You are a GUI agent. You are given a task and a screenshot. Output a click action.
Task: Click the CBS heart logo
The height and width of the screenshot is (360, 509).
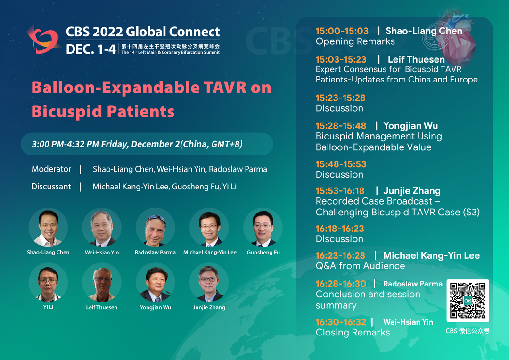[x=43, y=40]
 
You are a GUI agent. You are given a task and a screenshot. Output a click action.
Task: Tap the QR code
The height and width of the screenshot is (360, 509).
[x=468, y=301]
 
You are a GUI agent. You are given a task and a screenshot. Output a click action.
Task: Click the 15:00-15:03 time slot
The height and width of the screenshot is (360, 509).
[x=342, y=31]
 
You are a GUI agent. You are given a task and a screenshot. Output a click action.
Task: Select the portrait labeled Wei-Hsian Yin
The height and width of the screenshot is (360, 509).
[x=102, y=228]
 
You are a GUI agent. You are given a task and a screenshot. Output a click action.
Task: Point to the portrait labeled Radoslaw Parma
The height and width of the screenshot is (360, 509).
[x=155, y=228]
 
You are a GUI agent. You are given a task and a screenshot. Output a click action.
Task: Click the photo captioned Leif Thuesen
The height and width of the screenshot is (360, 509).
[x=102, y=282]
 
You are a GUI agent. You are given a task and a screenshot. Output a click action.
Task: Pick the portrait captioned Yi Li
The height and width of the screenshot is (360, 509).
[x=48, y=282]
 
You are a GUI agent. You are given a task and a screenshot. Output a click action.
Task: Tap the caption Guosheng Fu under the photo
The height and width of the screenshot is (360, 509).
[x=263, y=252]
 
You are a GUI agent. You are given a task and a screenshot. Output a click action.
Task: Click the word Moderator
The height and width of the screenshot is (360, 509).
[x=51, y=169]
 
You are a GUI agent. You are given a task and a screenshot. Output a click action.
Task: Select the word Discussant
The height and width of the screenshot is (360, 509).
[x=51, y=187]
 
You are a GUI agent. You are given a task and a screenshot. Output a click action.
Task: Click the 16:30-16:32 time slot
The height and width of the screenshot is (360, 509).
[x=341, y=322]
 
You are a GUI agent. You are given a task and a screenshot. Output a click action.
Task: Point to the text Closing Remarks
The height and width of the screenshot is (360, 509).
[x=353, y=333]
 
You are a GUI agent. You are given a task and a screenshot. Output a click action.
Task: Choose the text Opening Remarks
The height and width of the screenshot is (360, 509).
[x=355, y=41]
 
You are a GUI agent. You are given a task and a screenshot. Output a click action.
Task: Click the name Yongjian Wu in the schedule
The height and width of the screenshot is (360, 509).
[x=410, y=126]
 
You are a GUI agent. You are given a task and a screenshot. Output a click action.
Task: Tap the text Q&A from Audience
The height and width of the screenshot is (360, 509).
[x=361, y=266]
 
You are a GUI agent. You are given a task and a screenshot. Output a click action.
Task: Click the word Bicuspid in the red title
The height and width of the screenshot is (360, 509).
[x=66, y=112]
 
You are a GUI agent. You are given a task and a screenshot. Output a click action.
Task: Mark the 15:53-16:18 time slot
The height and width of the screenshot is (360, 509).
[x=340, y=191]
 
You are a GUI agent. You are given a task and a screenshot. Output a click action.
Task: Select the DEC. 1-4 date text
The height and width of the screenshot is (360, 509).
[x=91, y=49]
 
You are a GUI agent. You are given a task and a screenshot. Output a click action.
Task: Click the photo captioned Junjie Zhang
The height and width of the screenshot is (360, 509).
[x=209, y=282]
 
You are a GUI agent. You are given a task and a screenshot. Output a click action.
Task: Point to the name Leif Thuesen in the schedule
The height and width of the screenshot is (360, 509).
[x=416, y=60]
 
